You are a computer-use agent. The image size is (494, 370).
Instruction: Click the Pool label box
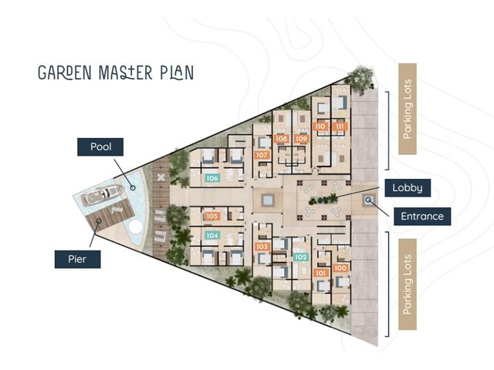point(100,147)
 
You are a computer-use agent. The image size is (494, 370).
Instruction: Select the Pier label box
point(77,259)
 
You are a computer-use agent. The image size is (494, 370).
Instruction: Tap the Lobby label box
point(408,188)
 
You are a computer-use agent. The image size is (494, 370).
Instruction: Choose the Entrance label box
point(422,216)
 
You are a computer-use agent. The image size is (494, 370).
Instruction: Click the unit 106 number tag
point(212,178)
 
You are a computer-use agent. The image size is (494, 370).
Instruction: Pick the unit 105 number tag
point(212,216)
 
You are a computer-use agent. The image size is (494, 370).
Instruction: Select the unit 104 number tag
point(212,235)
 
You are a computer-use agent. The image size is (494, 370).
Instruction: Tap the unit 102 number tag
point(300,257)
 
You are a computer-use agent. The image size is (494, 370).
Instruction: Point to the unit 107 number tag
point(262,155)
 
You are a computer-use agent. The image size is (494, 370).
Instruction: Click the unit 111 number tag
point(340,126)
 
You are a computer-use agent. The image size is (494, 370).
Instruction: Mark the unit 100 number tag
point(340,268)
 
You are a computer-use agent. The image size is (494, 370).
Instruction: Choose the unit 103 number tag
point(262,247)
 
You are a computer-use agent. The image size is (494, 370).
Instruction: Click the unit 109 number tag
point(301,139)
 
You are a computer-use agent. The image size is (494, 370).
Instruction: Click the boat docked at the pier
point(103,195)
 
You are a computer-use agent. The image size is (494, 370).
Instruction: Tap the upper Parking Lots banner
point(408,109)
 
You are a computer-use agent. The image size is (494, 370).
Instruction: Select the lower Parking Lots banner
point(408,284)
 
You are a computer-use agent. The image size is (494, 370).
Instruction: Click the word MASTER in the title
point(125,72)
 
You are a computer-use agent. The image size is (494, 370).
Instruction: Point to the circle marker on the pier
point(99,220)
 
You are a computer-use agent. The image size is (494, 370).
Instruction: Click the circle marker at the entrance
point(368,200)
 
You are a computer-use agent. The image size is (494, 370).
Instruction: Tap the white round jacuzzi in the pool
point(136,227)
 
